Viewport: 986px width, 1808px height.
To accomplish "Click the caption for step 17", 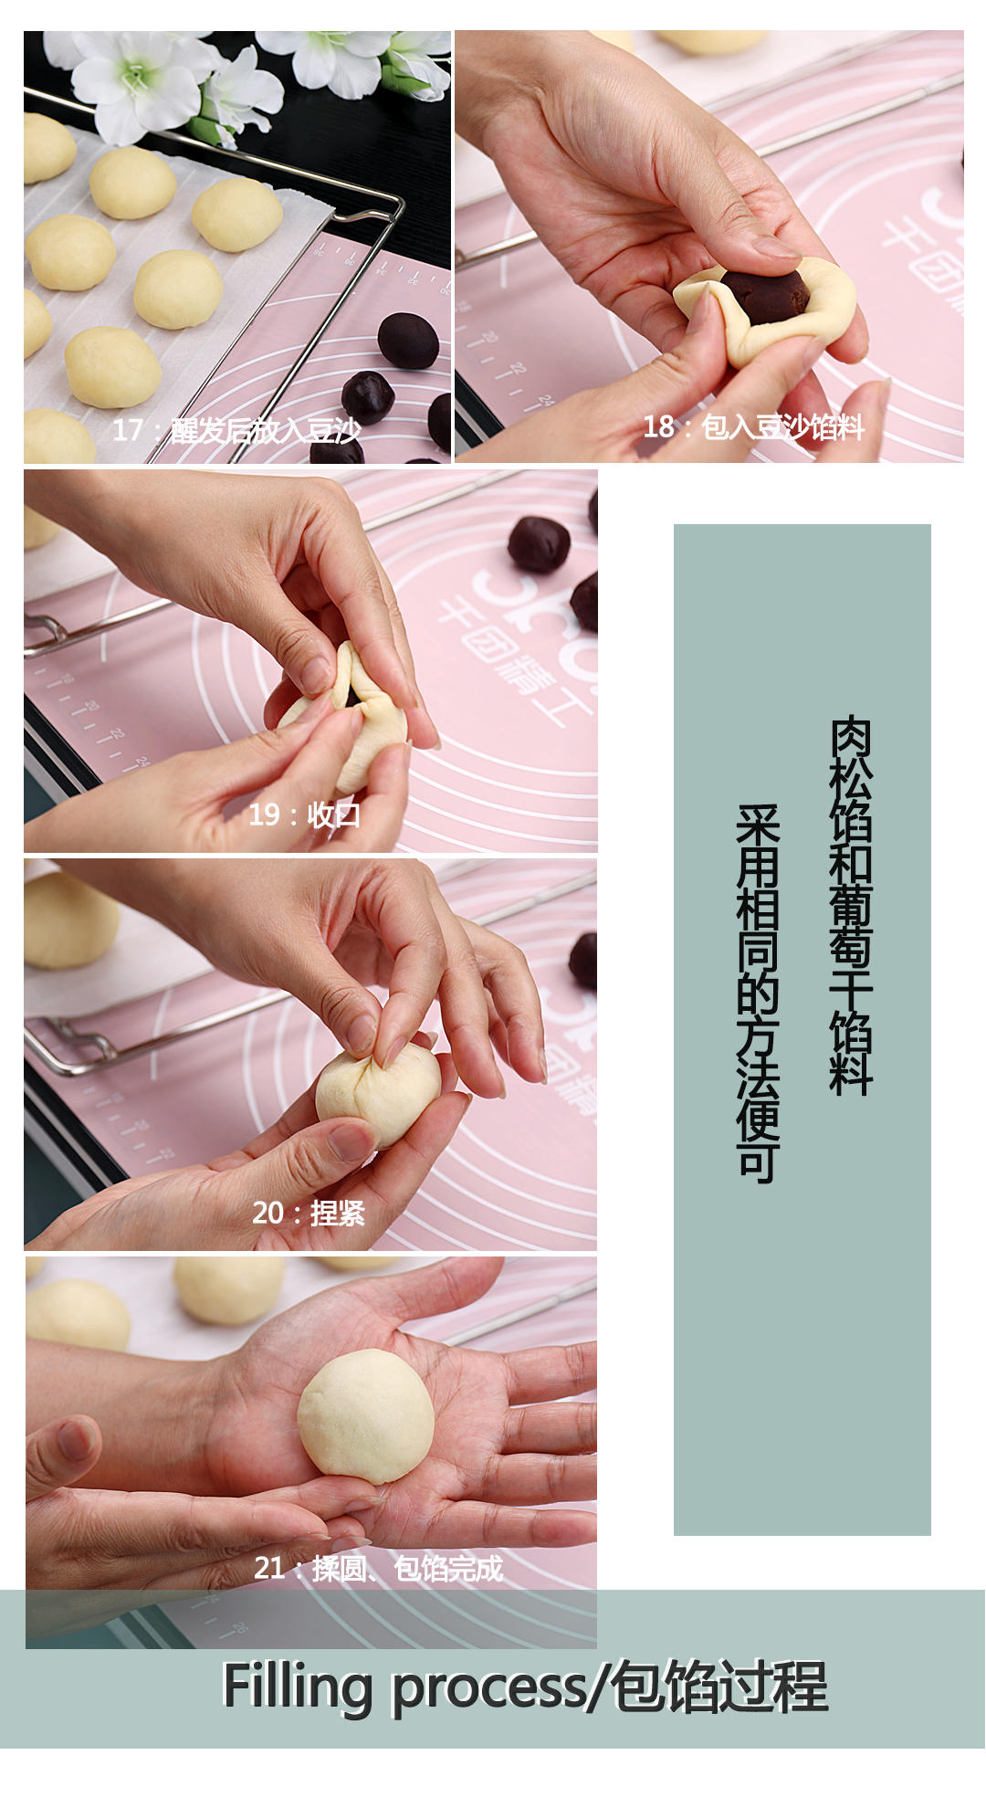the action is [x=236, y=430].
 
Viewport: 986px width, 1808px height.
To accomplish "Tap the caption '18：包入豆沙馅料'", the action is [x=753, y=426].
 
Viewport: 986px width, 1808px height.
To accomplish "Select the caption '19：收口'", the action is [x=305, y=815].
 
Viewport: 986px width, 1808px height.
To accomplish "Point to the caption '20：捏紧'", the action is [x=308, y=1213].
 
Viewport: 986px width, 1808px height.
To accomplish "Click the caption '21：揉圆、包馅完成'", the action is [x=378, y=1568].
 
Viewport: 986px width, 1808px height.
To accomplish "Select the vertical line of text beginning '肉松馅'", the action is [x=851, y=905].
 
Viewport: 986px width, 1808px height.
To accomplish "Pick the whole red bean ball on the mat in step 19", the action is [x=539, y=544].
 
